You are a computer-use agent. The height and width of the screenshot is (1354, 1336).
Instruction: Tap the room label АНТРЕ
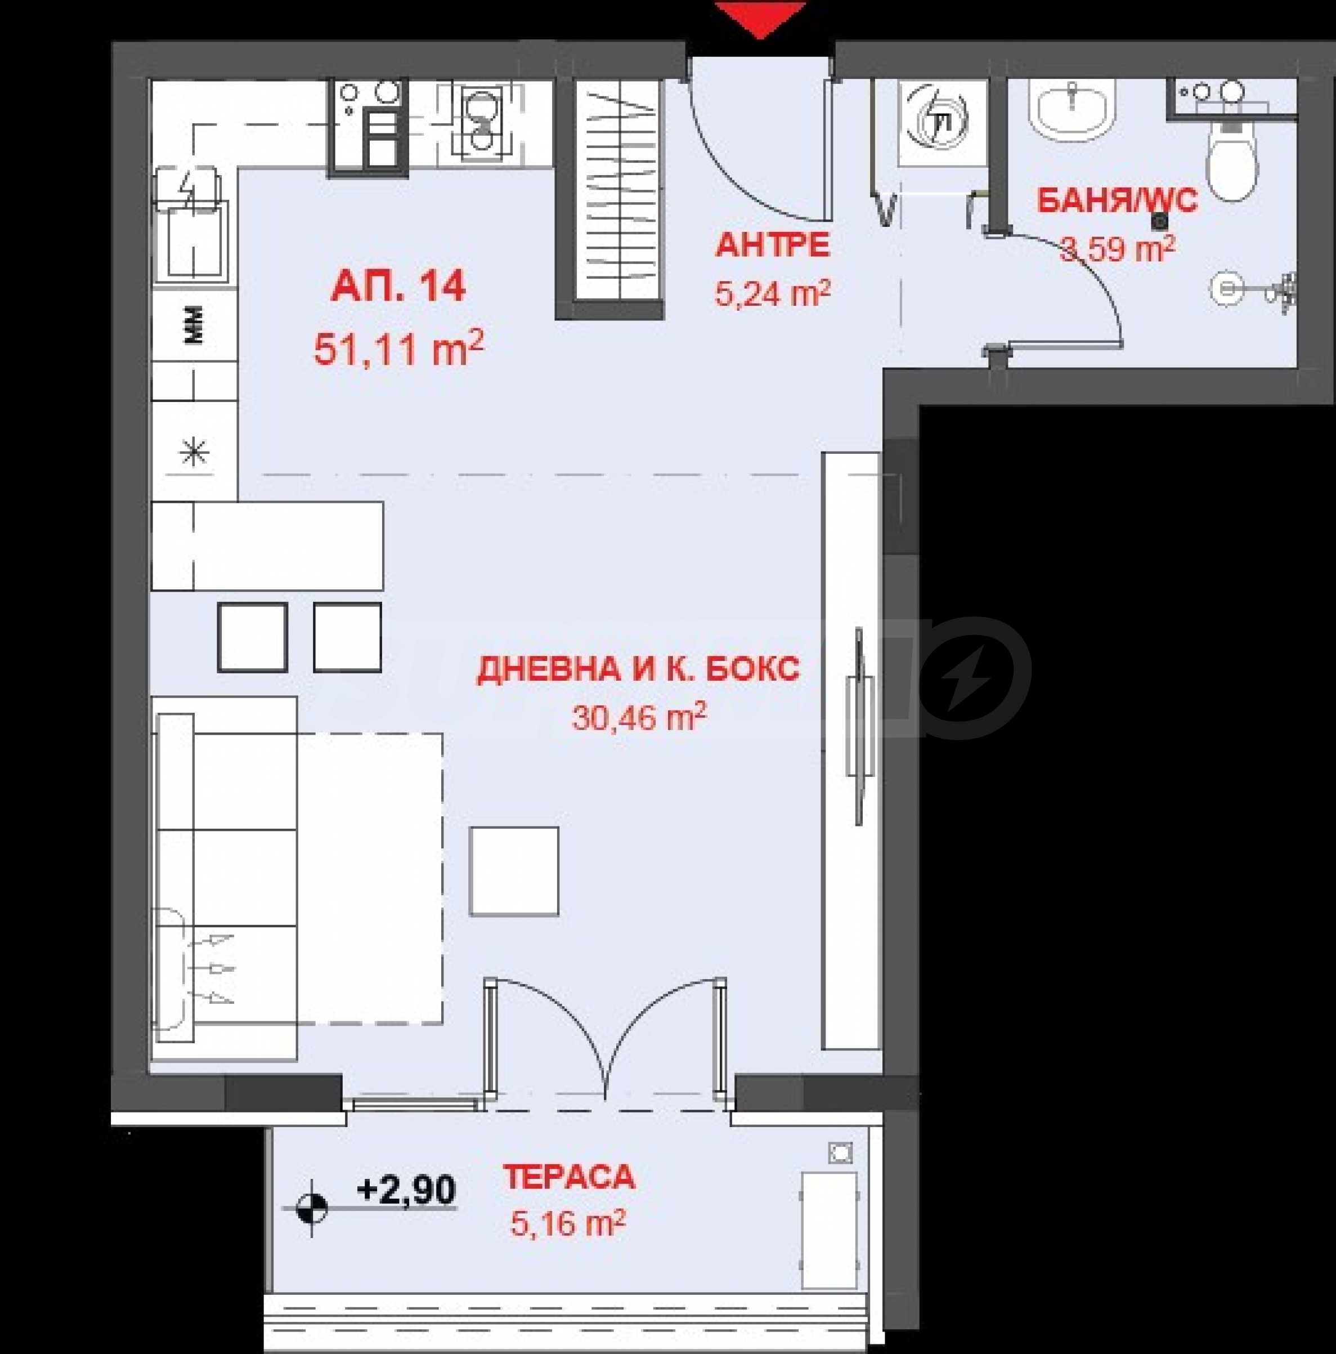pos(772,245)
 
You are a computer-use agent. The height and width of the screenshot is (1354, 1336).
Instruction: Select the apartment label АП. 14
pos(398,287)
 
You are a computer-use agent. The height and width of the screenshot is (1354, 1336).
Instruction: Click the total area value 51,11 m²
pos(398,348)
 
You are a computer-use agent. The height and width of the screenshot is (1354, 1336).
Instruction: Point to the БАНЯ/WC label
pos(1117,201)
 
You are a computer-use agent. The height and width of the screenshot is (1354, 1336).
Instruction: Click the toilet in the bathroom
pos(1232,158)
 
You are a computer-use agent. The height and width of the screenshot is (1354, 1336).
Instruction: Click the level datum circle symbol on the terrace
pos(312,1208)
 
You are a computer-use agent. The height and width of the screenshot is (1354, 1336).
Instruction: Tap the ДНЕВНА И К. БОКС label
pos(638,669)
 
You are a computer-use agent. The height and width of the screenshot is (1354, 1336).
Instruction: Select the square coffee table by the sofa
pos(514,871)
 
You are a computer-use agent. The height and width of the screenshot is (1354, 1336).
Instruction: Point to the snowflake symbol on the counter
pos(194,453)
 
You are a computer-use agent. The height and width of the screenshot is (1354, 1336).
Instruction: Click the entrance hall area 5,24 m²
pos(772,292)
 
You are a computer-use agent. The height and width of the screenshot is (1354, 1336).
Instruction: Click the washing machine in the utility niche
pos(942,122)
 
